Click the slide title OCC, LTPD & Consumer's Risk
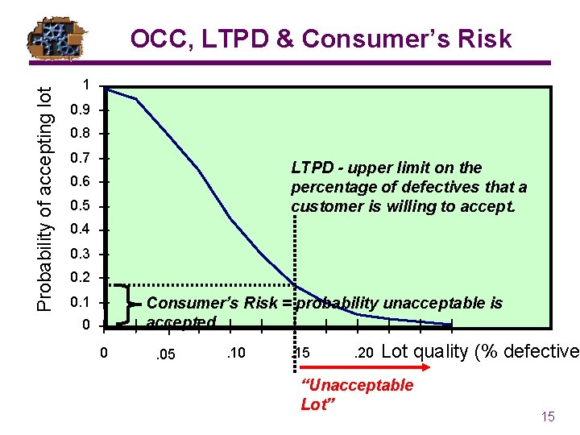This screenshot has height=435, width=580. click(321, 39)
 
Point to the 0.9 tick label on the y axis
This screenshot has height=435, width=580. click(81, 110)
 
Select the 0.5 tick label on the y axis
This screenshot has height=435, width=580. click(81, 207)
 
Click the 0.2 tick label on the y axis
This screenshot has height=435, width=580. click(81, 279)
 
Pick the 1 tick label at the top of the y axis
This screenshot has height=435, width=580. click(86, 85)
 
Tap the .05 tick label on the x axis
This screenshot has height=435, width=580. click(166, 353)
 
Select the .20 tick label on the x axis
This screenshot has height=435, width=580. click(363, 352)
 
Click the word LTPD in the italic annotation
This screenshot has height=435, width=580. click(311, 168)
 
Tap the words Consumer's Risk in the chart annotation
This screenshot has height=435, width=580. click(218, 303)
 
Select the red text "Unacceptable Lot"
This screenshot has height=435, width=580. click(356, 395)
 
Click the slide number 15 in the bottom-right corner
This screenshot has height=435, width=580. click(548, 416)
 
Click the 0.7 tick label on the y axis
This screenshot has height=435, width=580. click(81, 158)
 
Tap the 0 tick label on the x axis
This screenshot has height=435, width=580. click(102, 352)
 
